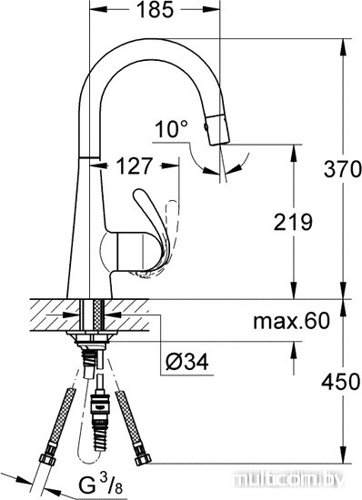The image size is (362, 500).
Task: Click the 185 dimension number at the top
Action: tap(155, 10)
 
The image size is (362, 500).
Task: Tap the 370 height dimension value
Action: tap(342, 169)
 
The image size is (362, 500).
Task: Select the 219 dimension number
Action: tap(293, 222)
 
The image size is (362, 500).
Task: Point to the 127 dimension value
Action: tap(134, 165)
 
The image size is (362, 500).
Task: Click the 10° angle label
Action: tap(172, 129)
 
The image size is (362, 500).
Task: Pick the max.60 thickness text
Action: tap(291, 321)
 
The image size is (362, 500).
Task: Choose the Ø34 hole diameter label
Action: tap(187, 362)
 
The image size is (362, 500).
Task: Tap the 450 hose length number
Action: tap(341, 382)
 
